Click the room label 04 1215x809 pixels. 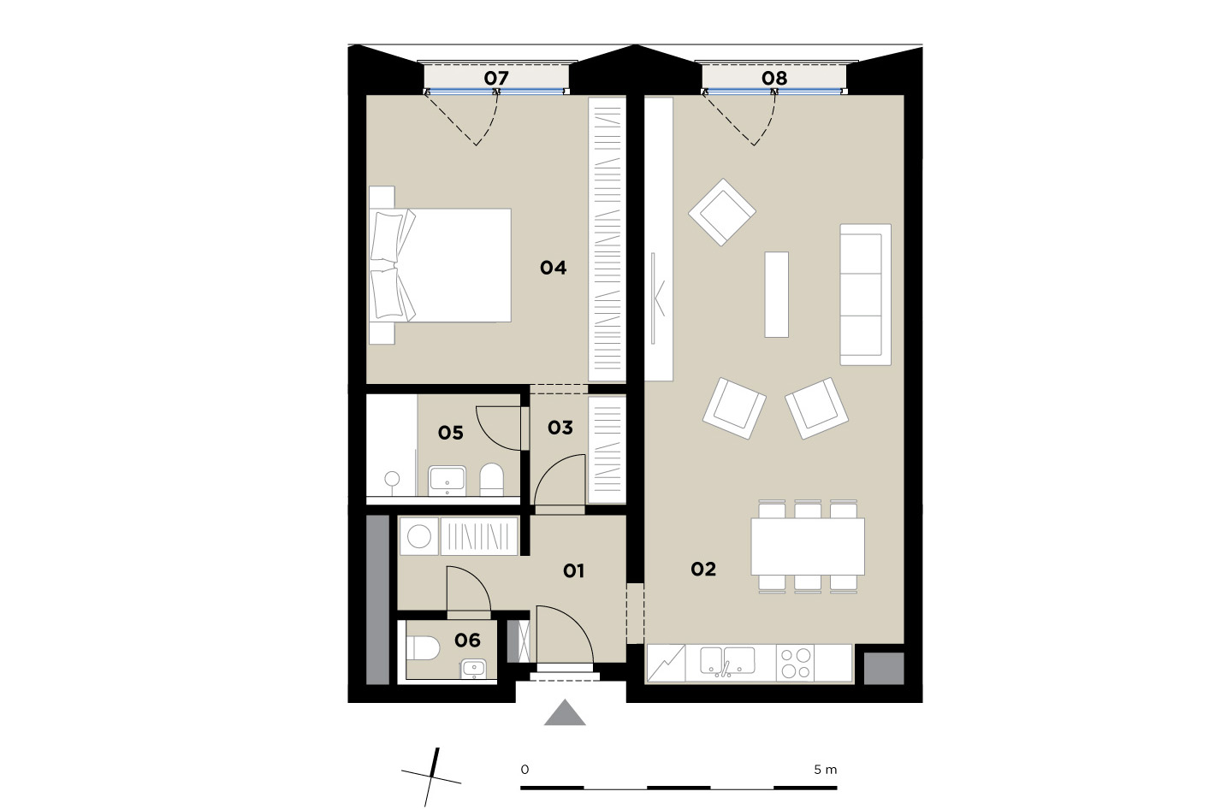click(x=554, y=268)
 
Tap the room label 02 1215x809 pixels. click(x=703, y=569)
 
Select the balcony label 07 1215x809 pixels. click(x=496, y=78)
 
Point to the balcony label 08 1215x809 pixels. click(x=774, y=78)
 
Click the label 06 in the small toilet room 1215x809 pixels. click(x=467, y=641)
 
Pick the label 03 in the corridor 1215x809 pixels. click(x=560, y=428)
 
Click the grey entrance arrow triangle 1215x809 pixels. click(x=565, y=712)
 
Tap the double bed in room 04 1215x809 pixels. click(x=440, y=265)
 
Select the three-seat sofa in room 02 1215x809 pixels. click(x=866, y=294)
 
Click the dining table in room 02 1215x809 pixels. click(x=808, y=546)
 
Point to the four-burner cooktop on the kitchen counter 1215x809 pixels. click(x=795, y=663)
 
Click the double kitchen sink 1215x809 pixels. click(x=727, y=662)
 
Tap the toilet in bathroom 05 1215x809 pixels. click(x=491, y=479)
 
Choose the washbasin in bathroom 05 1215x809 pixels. click(x=447, y=481)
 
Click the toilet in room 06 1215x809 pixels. click(x=423, y=648)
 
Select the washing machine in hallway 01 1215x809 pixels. click(x=419, y=537)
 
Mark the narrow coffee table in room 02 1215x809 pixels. click(x=777, y=294)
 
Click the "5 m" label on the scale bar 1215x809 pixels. click(x=826, y=770)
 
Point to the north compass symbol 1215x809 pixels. click(x=432, y=777)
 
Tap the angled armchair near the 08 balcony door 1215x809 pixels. click(x=722, y=212)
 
